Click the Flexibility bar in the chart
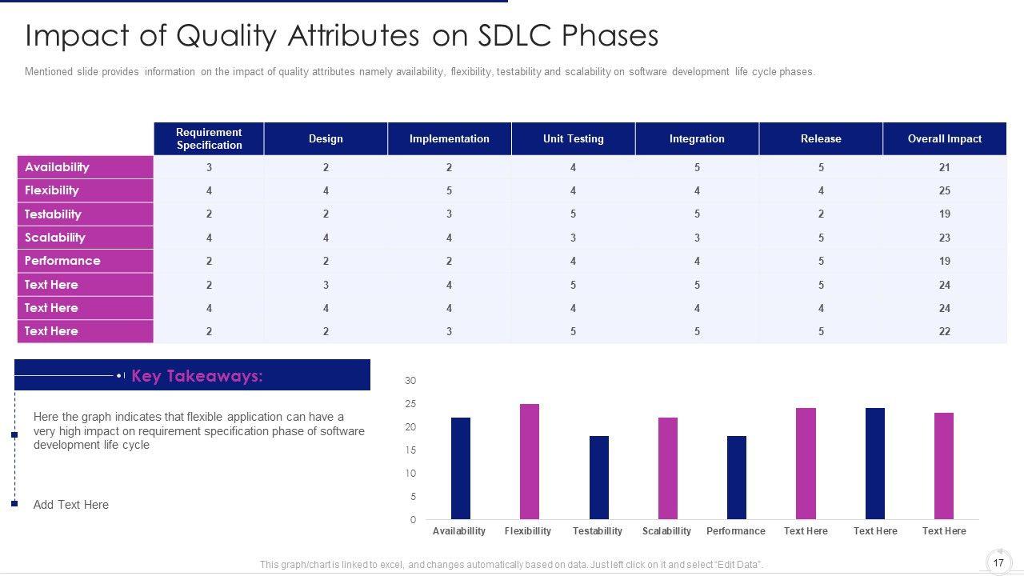[x=530, y=462]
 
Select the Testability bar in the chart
[x=598, y=478]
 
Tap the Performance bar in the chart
[x=737, y=478]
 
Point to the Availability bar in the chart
[x=461, y=468]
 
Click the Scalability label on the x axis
[x=666, y=531]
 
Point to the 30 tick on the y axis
[x=410, y=381]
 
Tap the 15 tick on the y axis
[x=410, y=450]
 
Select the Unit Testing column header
[x=573, y=138]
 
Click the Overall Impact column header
[x=944, y=138]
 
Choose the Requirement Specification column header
[x=209, y=138]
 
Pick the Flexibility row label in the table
[x=52, y=190]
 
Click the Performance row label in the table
[x=62, y=261]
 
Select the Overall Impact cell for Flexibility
[x=944, y=190]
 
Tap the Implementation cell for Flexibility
[x=449, y=190]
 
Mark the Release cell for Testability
[x=821, y=214]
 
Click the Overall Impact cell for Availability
[x=944, y=167]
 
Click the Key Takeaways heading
[x=197, y=376]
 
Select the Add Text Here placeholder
[x=71, y=505]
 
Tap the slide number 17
[x=998, y=562]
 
